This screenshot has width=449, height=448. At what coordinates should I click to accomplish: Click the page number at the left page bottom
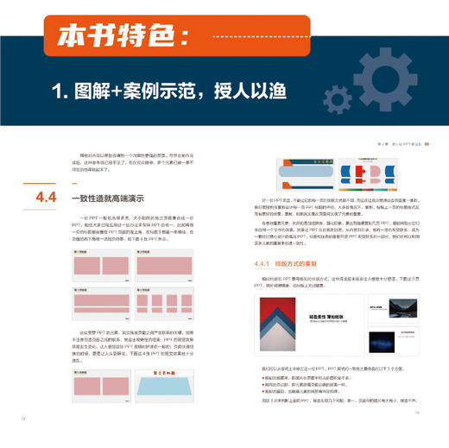pyautogui.click(x=21, y=439)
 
